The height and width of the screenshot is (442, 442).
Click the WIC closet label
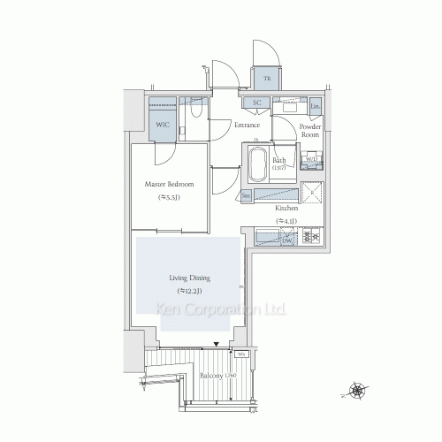click(163, 125)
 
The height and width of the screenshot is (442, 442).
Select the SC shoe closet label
click(256, 103)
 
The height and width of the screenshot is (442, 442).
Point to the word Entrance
click(247, 125)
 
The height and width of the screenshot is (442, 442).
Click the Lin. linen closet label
click(316, 106)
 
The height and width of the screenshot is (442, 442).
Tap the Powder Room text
click(310, 131)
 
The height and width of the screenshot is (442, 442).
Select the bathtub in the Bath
click(257, 164)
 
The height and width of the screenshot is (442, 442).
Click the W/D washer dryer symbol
click(311, 161)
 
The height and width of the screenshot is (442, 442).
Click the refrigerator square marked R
click(313, 194)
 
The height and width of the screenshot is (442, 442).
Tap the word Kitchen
click(287, 209)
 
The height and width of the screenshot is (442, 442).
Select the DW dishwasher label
click(286, 240)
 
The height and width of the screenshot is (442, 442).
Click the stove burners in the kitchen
click(312, 236)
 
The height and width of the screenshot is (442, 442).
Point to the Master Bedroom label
click(169, 185)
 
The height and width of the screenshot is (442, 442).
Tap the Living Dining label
click(187, 278)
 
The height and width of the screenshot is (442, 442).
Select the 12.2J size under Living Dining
click(187, 290)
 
